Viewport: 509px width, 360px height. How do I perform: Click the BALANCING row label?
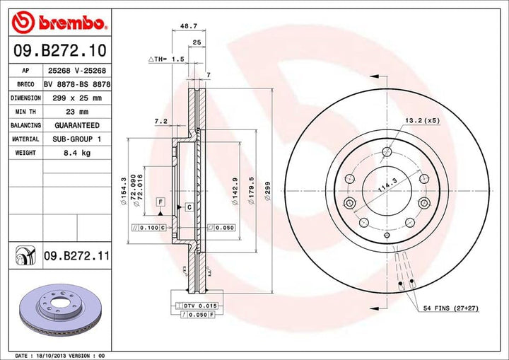(x=25, y=125)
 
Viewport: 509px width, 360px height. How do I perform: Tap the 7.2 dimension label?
(x=160, y=122)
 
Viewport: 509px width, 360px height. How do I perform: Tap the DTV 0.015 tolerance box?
(x=189, y=306)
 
